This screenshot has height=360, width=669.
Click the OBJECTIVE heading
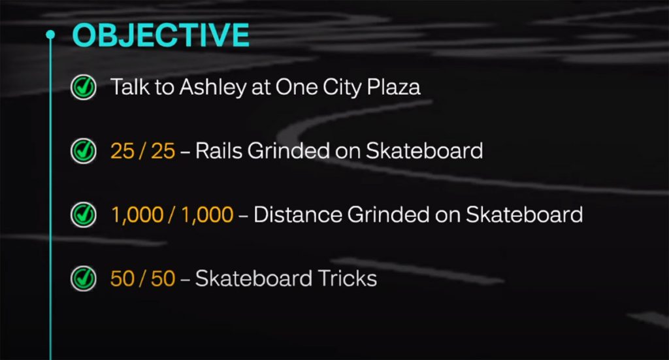click(x=160, y=35)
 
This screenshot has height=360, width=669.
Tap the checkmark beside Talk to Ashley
click(x=83, y=87)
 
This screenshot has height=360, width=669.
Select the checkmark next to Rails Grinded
click(x=83, y=151)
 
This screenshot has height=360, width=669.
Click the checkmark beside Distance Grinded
click(x=83, y=214)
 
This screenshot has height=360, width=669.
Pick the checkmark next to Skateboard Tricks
click(x=83, y=278)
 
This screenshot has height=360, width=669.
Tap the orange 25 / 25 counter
click(x=142, y=151)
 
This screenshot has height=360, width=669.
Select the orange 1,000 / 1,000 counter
click(x=172, y=214)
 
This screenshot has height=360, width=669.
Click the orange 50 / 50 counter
click(x=142, y=278)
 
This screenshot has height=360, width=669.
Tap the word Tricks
click(x=346, y=278)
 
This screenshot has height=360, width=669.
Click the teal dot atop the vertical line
click(x=50, y=34)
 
